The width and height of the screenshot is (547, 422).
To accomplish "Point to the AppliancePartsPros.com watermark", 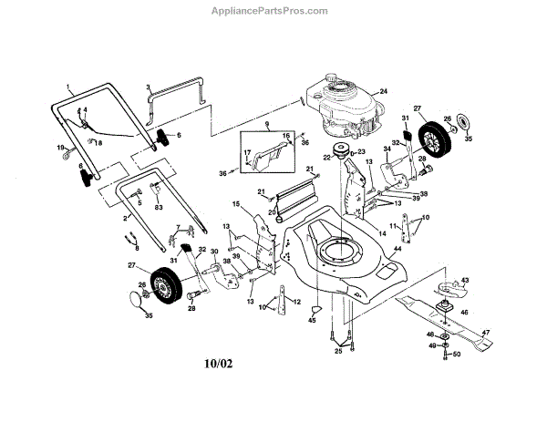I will (273, 12).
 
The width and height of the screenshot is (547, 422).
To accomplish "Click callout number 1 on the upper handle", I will (67, 88).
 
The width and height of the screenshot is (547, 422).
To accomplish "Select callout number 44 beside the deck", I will (397, 249).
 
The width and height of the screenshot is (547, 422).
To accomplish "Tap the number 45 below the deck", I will (312, 322).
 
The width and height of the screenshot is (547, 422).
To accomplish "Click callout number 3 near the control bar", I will (148, 87).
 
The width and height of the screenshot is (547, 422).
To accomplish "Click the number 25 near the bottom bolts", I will (336, 350).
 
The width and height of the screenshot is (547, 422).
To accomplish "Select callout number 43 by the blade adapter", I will (464, 280).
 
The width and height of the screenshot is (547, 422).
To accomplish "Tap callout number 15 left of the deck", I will (234, 204).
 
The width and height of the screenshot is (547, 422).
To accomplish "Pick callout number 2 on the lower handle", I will (125, 219).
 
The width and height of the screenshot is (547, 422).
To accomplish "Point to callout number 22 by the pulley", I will (325, 158).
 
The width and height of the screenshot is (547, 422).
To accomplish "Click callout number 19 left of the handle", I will (61, 148).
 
